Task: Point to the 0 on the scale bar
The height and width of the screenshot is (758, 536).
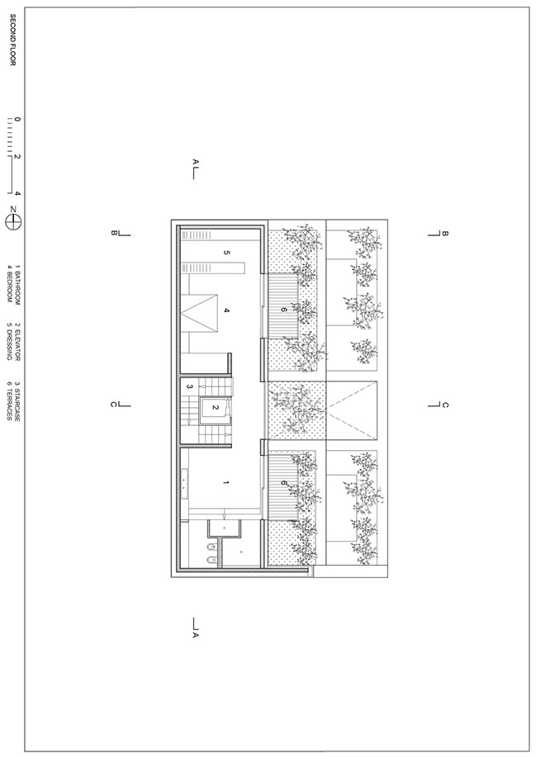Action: click(x=17, y=120)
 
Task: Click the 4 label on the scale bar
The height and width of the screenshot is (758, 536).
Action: click(x=17, y=193)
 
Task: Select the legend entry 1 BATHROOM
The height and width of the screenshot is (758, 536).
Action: click(x=17, y=285)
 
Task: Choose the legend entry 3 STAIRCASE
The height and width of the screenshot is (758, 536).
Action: click(x=17, y=400)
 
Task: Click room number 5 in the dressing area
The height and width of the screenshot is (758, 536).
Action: click(x=226, y=253)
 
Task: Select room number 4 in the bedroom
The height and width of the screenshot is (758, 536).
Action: click(x=226, y=310)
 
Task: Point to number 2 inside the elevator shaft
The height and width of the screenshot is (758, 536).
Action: click(x=216, y=408)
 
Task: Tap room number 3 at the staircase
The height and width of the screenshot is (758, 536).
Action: click(x=190, y=386)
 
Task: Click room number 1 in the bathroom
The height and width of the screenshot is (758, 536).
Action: click(x=225, y=482)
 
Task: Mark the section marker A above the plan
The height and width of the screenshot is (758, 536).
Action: click(x=195, y=169)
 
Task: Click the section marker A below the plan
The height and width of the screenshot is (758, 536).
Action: click(x=195, y=628)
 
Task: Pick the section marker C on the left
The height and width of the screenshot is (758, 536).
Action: click(x=121, y=404)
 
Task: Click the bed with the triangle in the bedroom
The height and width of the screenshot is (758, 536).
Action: click(x=198, y=313)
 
